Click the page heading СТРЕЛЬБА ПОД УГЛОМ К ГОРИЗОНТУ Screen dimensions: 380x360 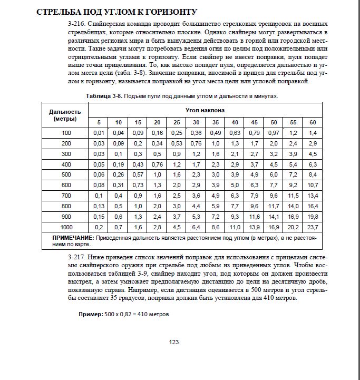(116, 12)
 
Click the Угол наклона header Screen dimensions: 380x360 (205, 110)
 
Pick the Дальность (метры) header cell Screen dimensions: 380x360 (65, 115)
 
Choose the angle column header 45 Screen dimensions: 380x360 (255, 122)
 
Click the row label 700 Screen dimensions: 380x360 (65, 195)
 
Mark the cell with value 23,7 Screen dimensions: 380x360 (313, 227)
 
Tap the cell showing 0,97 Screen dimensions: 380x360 (274, 133)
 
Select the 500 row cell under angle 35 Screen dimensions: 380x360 (215, 174)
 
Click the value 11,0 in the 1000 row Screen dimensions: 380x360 (235, 227)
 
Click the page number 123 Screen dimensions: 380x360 (174, 342)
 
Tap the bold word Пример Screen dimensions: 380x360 (90, 314)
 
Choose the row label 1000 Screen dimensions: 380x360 (65, 227)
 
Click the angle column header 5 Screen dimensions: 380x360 (98, 122)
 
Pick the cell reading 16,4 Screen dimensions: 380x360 (313, 206)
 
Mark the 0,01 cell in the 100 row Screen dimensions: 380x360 (98, 133)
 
